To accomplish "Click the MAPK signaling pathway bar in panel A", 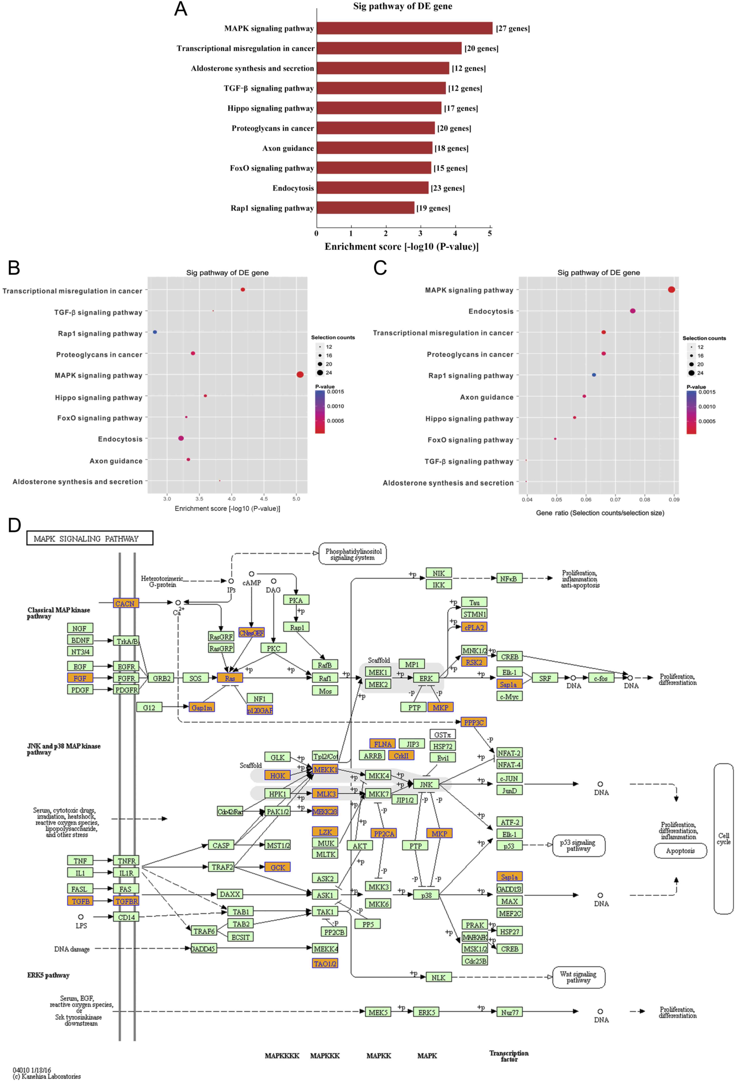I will (x=404, y=29).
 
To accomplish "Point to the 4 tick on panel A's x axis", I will (x=455, y=233).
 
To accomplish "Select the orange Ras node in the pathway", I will (x=230, y=678).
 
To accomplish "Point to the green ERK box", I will (x=426, y=678).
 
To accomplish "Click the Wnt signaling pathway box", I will (x=578, y=977).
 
